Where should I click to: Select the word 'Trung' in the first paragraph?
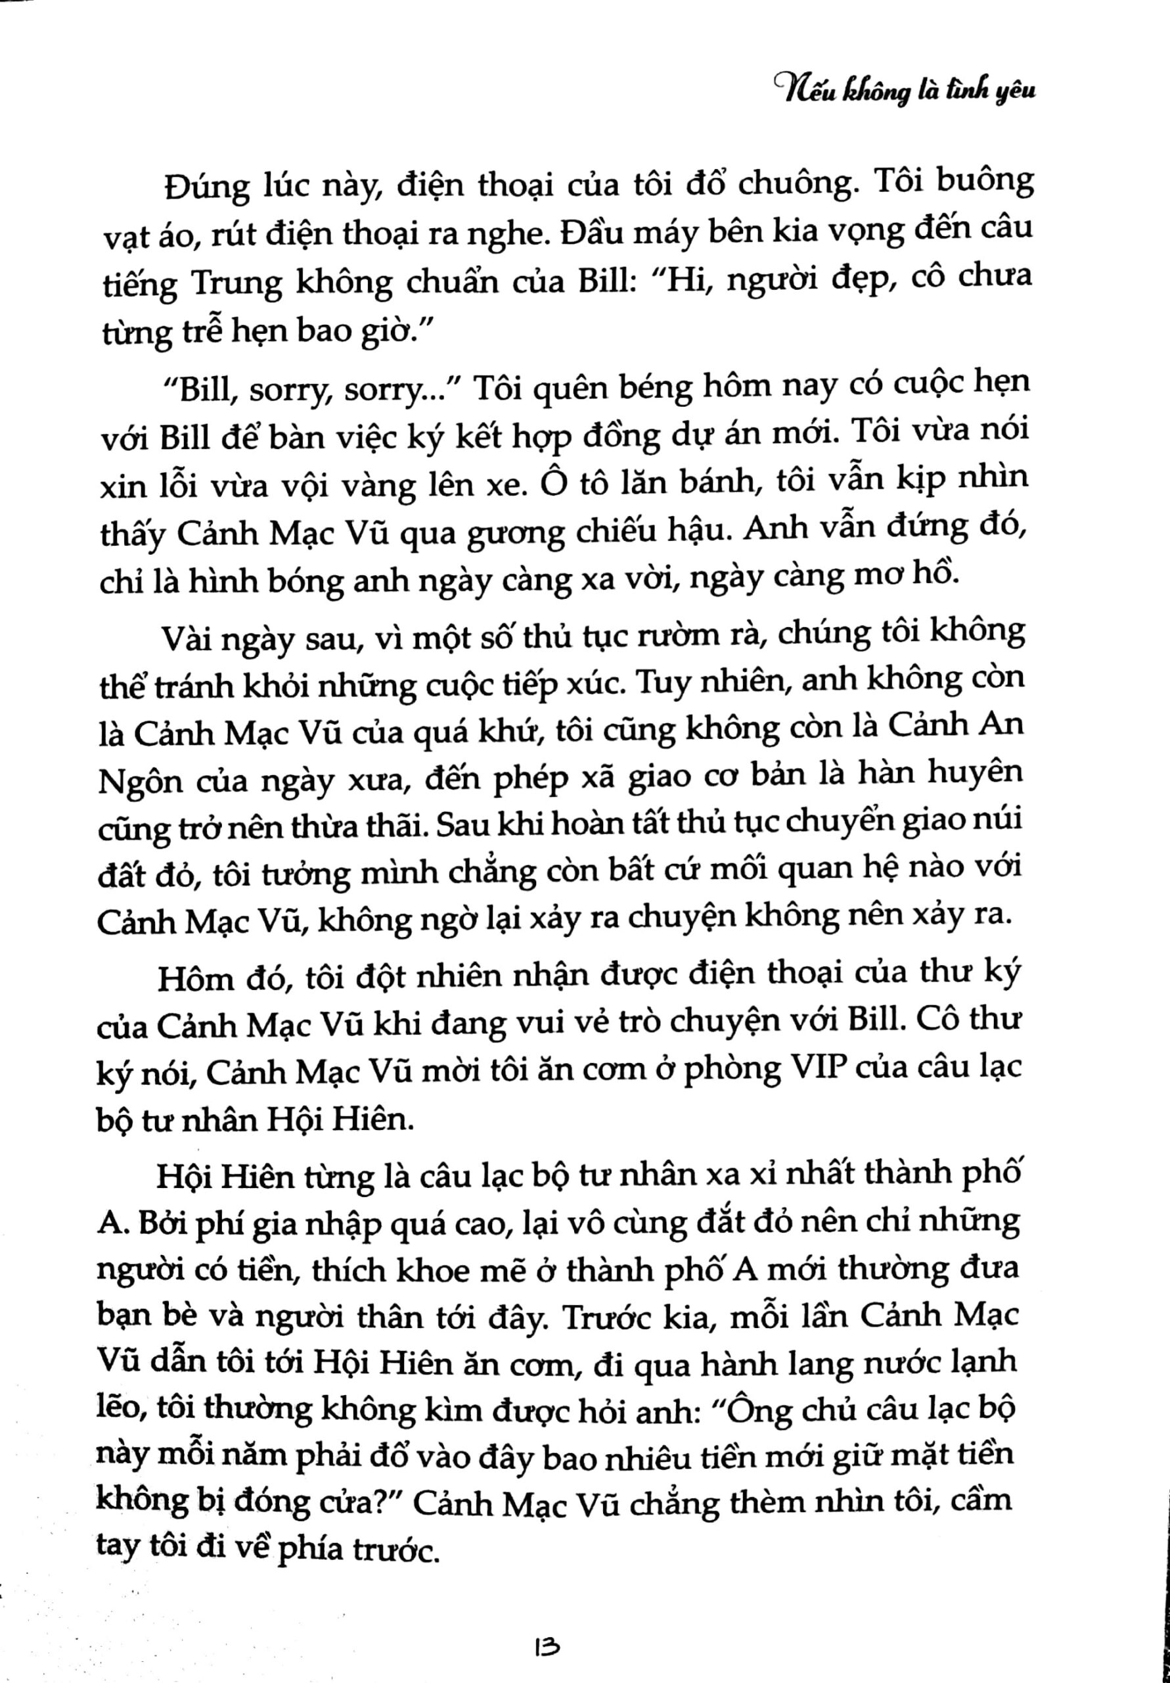[236, 283]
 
